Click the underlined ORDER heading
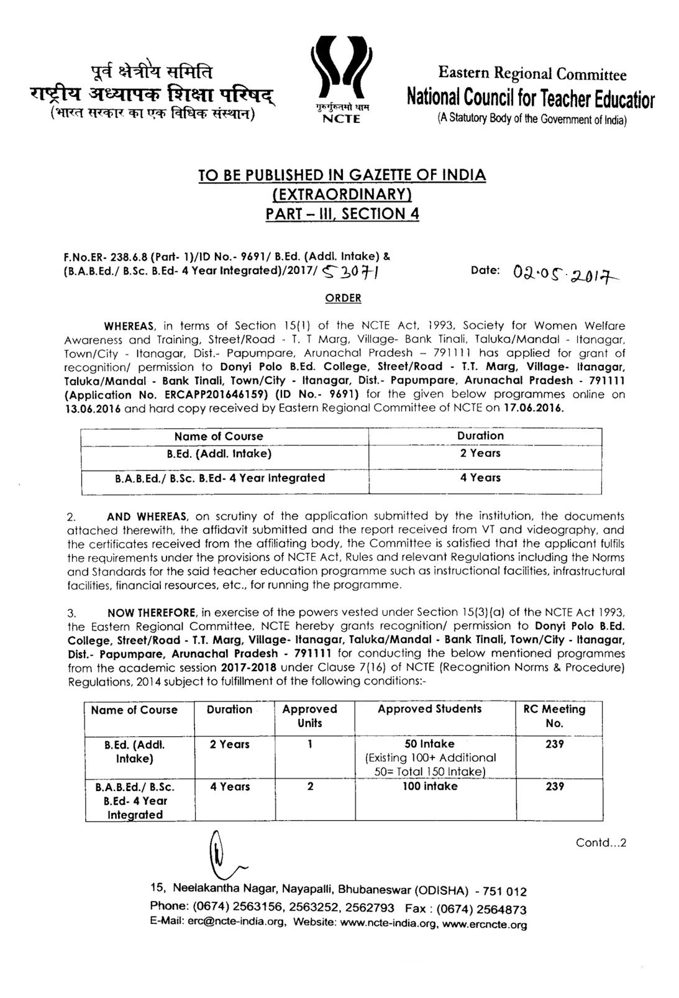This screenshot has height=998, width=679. (343, 298)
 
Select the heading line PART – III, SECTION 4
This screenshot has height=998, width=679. (342, 214)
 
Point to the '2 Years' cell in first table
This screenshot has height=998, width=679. (480, 454)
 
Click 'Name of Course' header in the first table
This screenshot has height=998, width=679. (219, 436)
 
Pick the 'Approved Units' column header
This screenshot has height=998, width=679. (309, 716)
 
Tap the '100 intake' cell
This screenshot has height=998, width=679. (431, 787)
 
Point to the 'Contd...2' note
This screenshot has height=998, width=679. (601, 843)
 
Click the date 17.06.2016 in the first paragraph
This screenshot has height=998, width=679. (535, 408)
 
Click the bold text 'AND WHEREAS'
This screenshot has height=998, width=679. (147, 516)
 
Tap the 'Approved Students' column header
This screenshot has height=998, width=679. (429, 709)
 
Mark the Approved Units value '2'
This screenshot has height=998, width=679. (310, 787)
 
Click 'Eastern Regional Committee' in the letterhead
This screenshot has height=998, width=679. (532, 74)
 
